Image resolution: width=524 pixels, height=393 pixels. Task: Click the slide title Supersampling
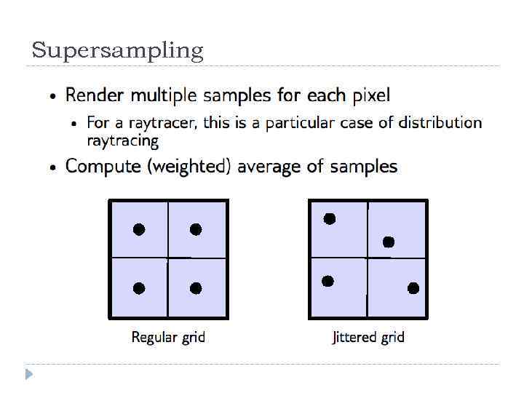point(117,51)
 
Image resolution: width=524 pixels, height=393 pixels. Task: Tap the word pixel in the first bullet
point(371,95)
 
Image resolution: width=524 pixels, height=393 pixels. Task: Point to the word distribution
point(440,122)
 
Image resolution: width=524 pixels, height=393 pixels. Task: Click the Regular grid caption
point(168,338)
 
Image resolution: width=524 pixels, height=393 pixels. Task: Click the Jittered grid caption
point(368,338)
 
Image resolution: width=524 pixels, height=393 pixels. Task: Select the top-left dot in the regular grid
point(139,229)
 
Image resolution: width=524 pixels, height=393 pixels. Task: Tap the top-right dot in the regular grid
point(196,229)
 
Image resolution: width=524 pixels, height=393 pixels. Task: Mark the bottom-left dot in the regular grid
point(139,288)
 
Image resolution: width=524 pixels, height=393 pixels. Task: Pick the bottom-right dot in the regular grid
point(196,288)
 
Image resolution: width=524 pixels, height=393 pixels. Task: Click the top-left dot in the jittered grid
point(330,218)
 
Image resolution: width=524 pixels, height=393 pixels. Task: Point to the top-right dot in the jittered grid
point(389,242)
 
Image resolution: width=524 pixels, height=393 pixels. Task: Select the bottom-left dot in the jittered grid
point(327,281)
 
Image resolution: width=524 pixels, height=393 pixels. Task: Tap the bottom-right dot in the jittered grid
point(413,288)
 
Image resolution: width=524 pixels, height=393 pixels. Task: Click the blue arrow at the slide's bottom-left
point(29,375)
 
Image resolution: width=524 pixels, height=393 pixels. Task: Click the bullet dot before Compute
point(52,168)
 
